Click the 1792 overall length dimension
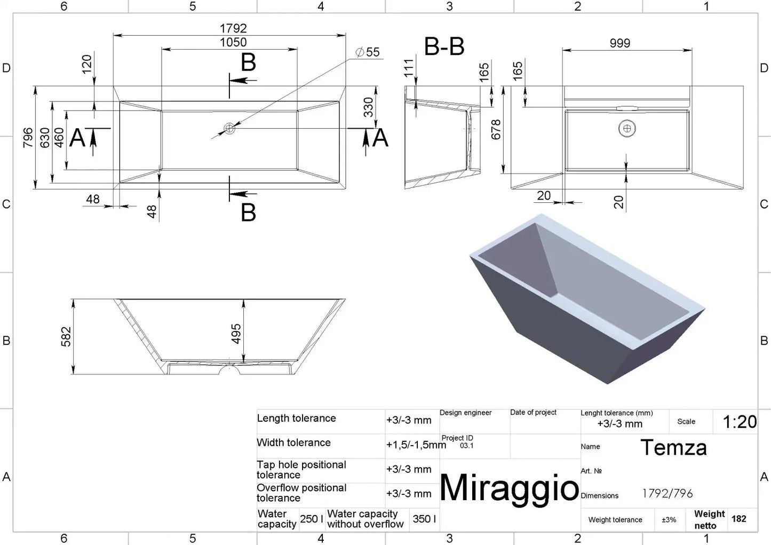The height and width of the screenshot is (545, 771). (x=233, y=28)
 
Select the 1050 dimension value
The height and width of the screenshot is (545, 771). (x=233, y=42)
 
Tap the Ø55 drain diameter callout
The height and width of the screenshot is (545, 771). (x=368, y=52)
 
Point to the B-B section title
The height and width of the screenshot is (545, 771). (x=444, y=46)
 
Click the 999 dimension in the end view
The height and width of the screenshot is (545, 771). (x=620, y=43)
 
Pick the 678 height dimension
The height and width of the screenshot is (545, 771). (x=496, y=130)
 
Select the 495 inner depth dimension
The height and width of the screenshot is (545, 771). (x=236, y=334)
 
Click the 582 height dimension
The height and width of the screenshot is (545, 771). (x=66, y=336)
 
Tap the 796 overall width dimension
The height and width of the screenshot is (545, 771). (x=28, y=138)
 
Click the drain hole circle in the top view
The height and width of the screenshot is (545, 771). (x=229, y=129)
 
